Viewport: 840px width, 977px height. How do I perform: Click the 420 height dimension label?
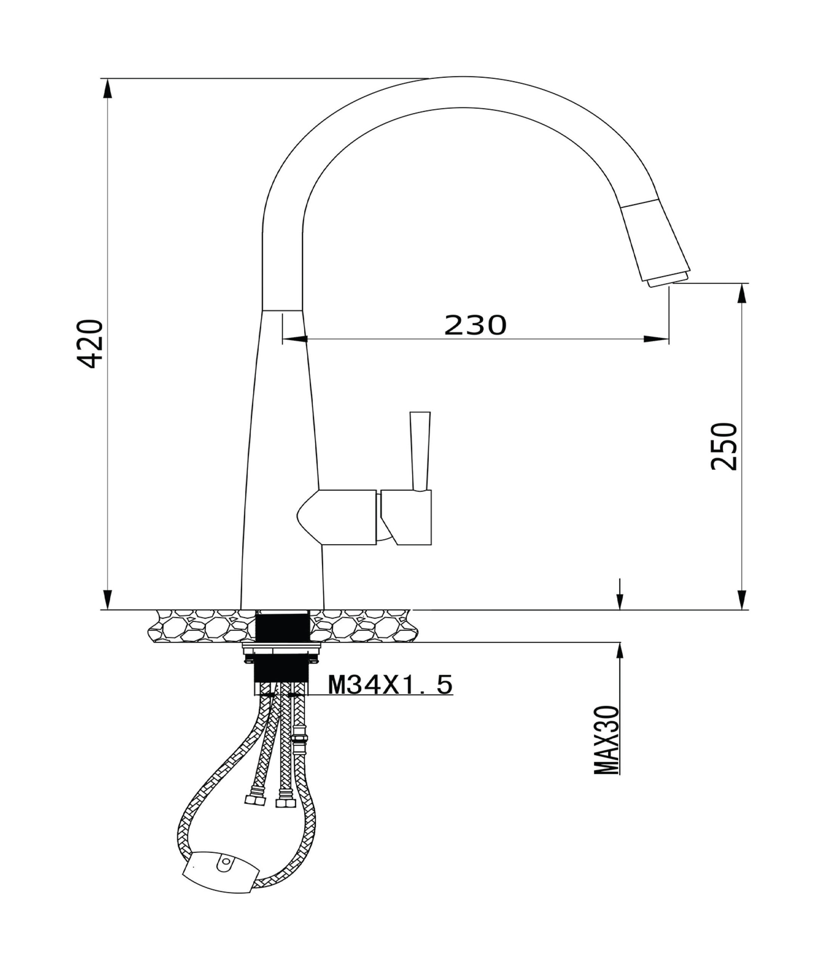[x=90, y=344]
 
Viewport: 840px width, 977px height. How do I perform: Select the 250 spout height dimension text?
[x=724, y=446]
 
